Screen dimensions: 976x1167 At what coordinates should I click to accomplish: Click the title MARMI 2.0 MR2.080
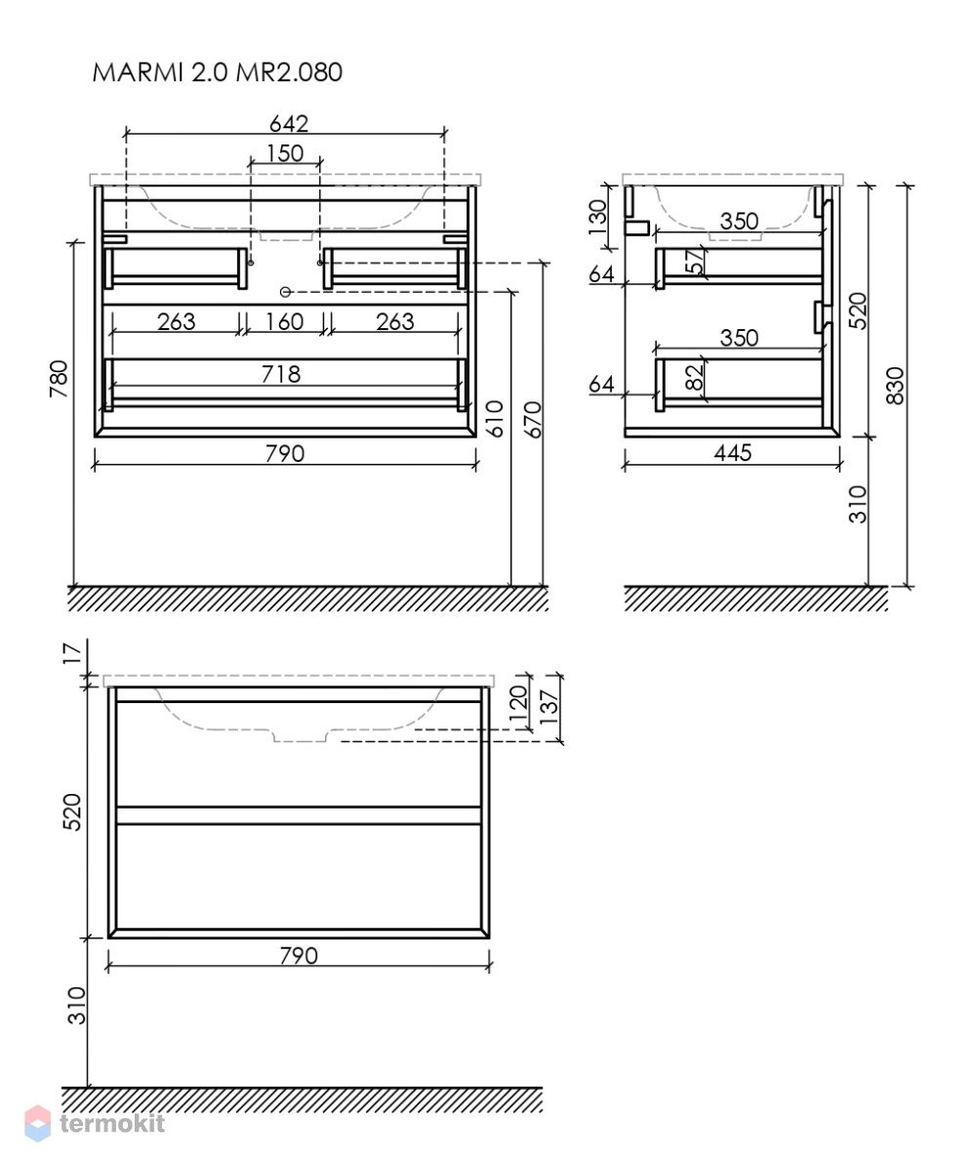pyautogui.click(x=218, y=72)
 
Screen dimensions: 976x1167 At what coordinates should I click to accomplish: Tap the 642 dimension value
pyautogui.click(x=289, y=123)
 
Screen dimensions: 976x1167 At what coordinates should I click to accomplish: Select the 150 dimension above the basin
pyautogui.click(x=285, y=152)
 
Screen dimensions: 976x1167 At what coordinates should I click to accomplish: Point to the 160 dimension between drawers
pyautogui.click(x=285, y=321)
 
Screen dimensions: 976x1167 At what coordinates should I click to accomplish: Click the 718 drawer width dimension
pyautogui.click(x=280, y=374)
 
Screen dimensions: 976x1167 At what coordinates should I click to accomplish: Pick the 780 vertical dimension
pyautogui.click(x=59, y=378)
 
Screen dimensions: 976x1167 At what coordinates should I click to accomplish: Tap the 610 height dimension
pyautogui.click(x=495, y=418)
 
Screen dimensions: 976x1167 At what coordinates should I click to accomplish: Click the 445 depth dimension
pyautogui.click(x=733, y=452)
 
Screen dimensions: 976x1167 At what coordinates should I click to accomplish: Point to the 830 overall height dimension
pyautogui.click(x=896, y=386)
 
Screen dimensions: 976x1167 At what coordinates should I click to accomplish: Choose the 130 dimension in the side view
pyautogui.click(x=597, y=217)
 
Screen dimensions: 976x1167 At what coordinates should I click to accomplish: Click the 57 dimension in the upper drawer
pyautogui.click(x=693, y=262)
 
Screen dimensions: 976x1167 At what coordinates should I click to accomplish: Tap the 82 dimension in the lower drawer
pyautogui.click(x=693, y=377)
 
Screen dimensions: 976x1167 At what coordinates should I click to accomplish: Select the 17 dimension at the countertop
pyautogui.click(x=71, y=653)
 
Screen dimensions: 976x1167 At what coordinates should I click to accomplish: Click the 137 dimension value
pyautogui.click(x=549, y=708)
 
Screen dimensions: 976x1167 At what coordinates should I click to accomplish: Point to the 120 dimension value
pyautogui.click(x=517, y=702)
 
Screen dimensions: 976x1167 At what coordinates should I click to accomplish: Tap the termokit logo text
pyautogui.click(x=112, y=1123)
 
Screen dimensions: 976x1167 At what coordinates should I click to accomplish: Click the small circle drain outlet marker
pyautogui.click(x=284, y=292)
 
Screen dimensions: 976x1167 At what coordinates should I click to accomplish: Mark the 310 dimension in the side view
pyautogui.click(x=858, y=504)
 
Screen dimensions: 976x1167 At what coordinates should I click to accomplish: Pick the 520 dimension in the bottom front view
pyautogui.click(x=71, y=812)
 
